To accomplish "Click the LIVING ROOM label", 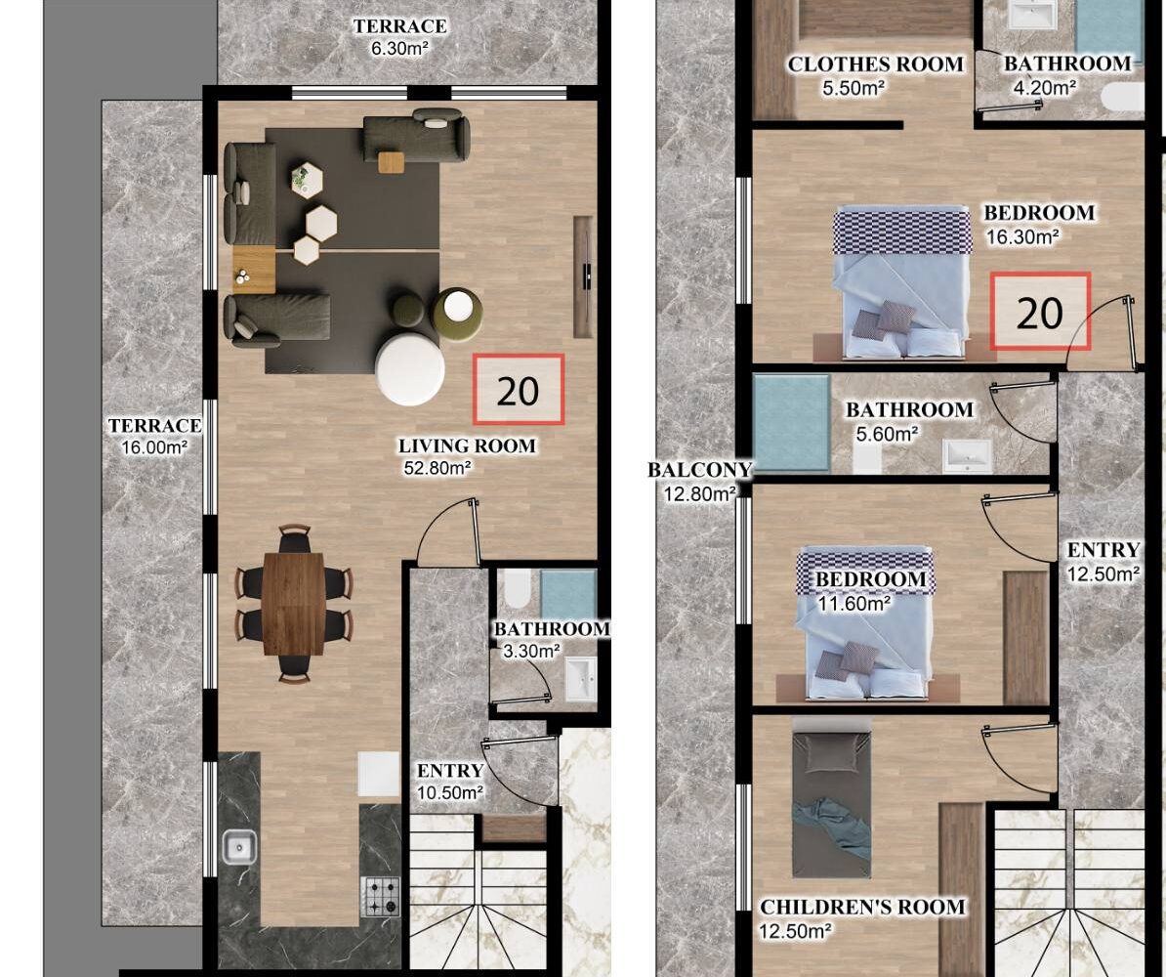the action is coord(467,446).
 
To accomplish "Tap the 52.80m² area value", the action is coord(437,468).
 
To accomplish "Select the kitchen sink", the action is coord(239,847).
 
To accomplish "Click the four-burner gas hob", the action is coord(380,897).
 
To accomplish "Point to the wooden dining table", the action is coord(294,604).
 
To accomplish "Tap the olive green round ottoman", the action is coord(457,314).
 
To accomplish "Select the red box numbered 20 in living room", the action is coord(519,390).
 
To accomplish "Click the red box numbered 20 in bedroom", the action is coord(1040,312).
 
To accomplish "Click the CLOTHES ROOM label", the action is coord(875,64).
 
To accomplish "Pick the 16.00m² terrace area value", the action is coord(154,447).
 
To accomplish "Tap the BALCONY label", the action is coord(700,470).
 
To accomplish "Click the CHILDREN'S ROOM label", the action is coord(862,907).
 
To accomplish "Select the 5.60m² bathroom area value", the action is coord(887,433).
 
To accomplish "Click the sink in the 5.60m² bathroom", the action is coord(967,455).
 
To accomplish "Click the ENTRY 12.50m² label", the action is coord(1104,562).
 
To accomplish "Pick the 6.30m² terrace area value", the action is coord(400,49).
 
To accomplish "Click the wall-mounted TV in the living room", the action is coord(584,276).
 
